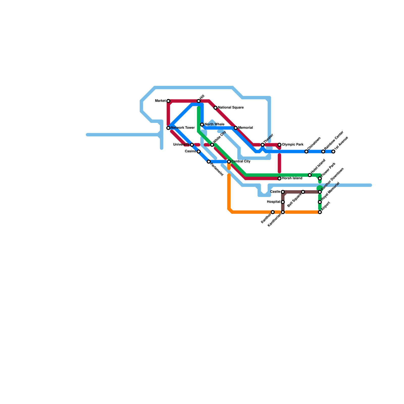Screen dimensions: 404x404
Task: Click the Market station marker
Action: click(x=168, y=101)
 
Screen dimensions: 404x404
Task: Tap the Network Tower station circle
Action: click(x=168, y=128)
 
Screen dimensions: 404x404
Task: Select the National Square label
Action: click(x=231, y=108)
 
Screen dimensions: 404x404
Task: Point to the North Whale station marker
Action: click(x=202, y=125)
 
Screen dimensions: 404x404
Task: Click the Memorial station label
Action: click(x=245, y=128)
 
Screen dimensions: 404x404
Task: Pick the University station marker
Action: click(x=192, y=145)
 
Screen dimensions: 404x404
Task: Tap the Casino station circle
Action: click(x=199, y=151)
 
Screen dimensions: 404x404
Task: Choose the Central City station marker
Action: click(x=229, y=162)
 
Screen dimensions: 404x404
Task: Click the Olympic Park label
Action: click(x=293, y=145)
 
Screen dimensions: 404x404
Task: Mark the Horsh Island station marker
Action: click(x=280, y=179)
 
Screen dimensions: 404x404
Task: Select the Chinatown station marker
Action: click(x=306, y=151)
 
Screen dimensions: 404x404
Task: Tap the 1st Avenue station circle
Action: click(x=333, y=151)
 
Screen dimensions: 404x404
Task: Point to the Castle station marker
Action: click(x=283, y=192)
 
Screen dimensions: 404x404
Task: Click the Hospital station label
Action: click(x=273, y=202)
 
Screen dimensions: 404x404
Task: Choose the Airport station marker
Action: click(x=320, y=212)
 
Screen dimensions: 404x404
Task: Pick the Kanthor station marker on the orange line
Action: click(x=273, y=212)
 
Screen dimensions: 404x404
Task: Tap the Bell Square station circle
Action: click(x=303, y=192)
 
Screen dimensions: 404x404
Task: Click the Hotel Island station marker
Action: click(x=310, y=175)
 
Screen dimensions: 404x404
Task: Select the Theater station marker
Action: click(x=263, y=145)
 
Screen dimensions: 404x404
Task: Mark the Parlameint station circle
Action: click(x=209, y=162)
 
